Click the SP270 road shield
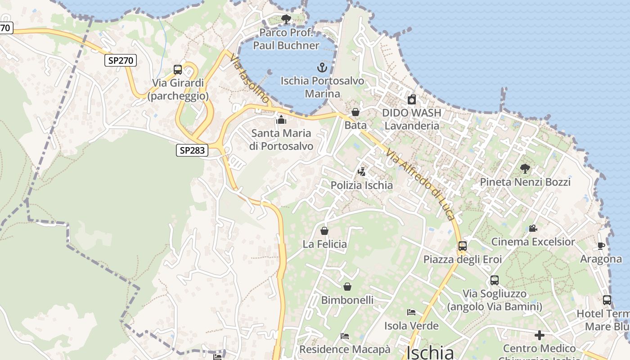(x=121, y=60)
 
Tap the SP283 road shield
(x=192, y=150)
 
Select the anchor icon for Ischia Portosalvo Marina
(x=322, y=68)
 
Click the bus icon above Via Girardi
(x=178, y=70)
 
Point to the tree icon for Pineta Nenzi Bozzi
(x=525, y=169)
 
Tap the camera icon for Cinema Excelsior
(x=533, y=229)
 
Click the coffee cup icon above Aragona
(x=601, y=246)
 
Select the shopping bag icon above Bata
(x=355, y=112)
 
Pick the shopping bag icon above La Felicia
(x=324, y=231)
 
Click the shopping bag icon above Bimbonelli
(x=347, y=287)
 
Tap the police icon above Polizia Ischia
(x=361, y=171)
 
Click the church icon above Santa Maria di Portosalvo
(x=281, y=120)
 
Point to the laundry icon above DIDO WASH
(x=411, y=99)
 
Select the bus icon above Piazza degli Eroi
(x=463, y=246)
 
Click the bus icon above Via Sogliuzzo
(x=495, y=280)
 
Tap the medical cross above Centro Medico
(x=539, y=335)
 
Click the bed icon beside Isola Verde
(x=411, y=312)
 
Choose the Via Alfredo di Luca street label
(x=420, y=184)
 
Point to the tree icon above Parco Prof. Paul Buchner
(x=286, y=19)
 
